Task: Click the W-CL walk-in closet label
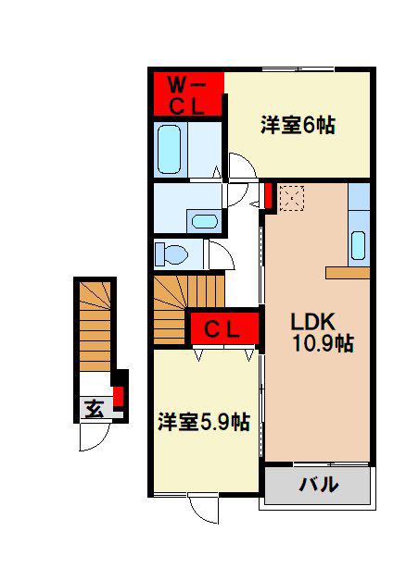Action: click(187, 96)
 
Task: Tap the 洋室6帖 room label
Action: click(298, 125)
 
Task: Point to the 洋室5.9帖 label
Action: click(204, 421)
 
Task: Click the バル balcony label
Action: click(319, 484)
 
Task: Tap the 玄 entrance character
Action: click(95, 408)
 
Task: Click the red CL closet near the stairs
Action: click(224, 328)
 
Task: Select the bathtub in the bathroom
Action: click(169, 150)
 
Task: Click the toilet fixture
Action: click(171, 253)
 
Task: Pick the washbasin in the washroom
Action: click(204, 221)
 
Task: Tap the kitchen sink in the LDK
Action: click(358, 245)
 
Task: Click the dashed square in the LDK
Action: click(291, 198)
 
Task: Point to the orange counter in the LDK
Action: click(348, 273)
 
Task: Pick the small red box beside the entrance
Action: click(119, 397)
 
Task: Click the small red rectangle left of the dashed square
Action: click(269, 196)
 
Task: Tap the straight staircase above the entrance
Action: click(95, 326)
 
